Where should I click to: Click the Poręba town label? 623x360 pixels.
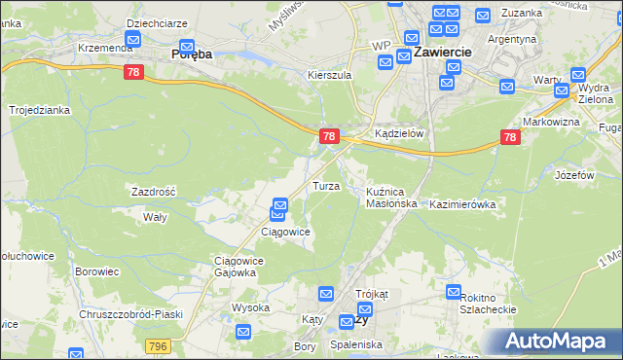click(192, 55)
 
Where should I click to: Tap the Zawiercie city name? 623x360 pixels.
click(443, 52)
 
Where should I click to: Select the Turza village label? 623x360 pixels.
click(325, 185)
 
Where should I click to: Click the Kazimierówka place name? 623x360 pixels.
click(463, 205)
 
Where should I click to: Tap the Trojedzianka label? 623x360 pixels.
click(40, 110)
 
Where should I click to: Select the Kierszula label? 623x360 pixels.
click(328, 75)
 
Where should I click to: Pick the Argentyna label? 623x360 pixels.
click(513, 40)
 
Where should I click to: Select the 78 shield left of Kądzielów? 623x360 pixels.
click(329, 137)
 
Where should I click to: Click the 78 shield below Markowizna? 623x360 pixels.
click(510, 138)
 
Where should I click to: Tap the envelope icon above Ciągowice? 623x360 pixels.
click(279, 205)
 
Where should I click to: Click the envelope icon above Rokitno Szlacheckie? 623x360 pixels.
click(454, 291)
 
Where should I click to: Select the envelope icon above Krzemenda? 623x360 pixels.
click(133, 41)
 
